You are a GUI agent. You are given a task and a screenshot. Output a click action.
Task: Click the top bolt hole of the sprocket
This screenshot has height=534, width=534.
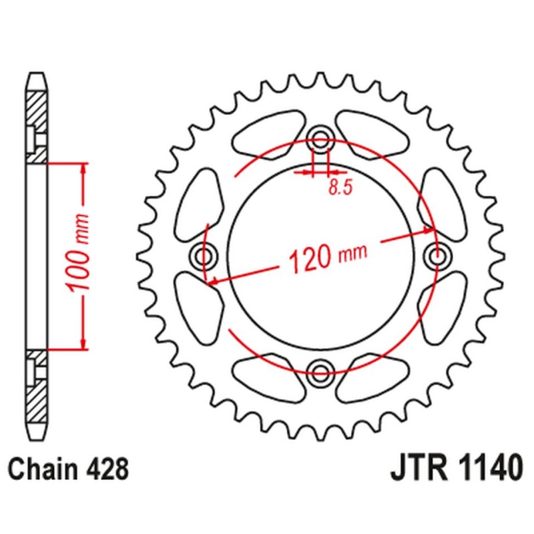(x=321, y=140)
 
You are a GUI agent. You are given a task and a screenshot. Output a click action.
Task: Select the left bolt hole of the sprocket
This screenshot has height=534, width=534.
(x=204, y=254)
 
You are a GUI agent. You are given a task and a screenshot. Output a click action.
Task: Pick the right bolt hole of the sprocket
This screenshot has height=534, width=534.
(x=437, y=254)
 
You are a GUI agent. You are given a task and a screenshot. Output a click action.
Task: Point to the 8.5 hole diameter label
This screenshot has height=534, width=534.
(x=340, y=188)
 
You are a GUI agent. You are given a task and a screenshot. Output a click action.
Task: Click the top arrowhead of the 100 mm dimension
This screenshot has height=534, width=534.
(x=83, y=167)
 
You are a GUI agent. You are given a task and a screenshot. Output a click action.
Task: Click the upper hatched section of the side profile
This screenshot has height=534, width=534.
(x=37, y=123)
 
